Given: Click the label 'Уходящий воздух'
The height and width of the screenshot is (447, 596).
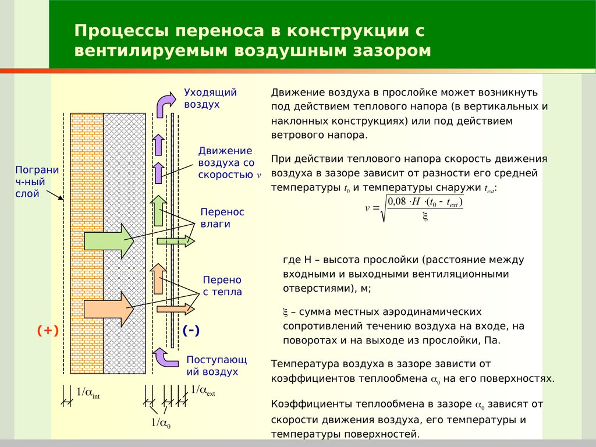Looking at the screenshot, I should [202, 98].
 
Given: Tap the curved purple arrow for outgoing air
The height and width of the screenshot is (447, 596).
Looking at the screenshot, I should [165, 102].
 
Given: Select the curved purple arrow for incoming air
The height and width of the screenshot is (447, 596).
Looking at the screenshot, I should [164, 356].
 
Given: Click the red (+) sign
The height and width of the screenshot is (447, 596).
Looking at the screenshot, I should [48, 331].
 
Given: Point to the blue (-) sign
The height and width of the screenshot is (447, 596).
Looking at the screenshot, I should [191, 331].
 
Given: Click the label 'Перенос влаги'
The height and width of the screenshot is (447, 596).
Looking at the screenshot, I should [222, 218].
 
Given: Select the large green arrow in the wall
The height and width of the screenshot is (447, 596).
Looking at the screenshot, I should [109, 240].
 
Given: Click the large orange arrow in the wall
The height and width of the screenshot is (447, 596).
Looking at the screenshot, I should [109, 309].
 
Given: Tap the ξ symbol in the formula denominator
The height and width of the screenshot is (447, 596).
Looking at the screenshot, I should [425, 217].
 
